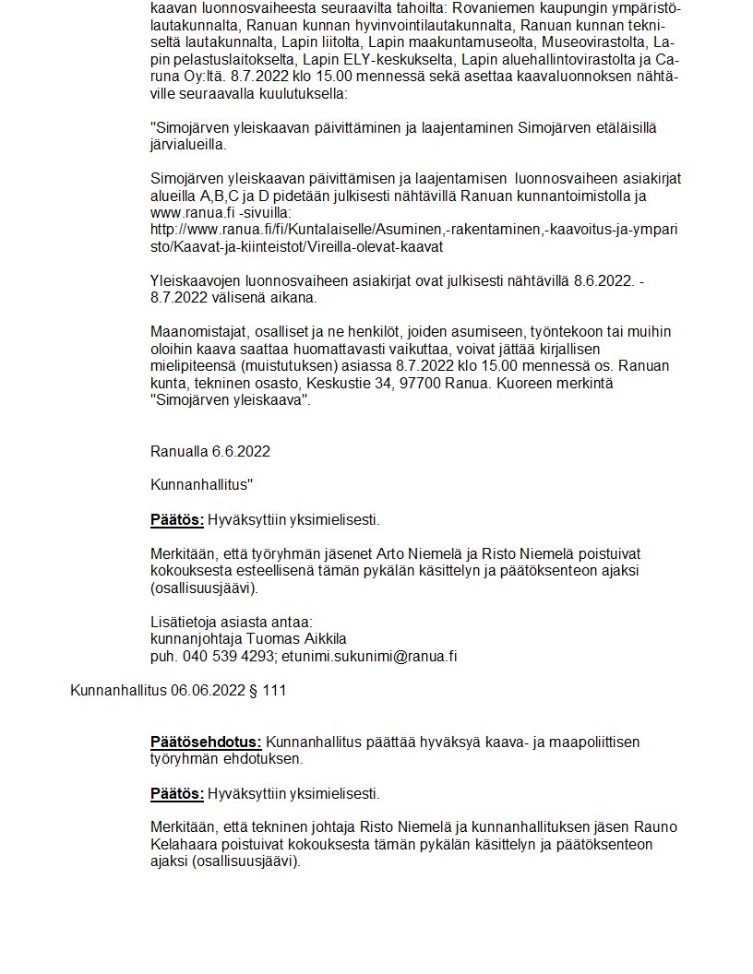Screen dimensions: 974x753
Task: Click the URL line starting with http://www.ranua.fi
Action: tap(413, 230)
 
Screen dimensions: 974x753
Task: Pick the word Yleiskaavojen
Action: tap(196, 280)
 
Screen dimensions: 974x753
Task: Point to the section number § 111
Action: tap(269, 690)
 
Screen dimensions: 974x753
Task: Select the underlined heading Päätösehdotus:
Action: tap(206, 742)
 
